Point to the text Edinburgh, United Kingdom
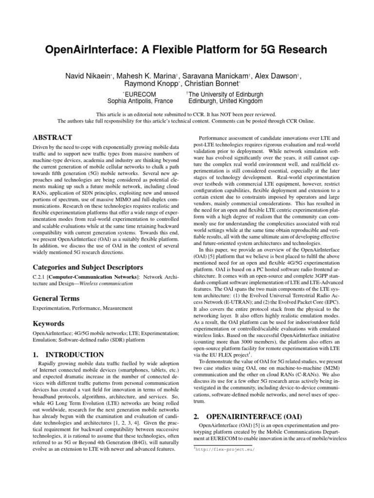point(225,102)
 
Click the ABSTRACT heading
point(52,138)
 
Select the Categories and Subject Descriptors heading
point(87,267)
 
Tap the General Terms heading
point(56,298)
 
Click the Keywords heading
point(48,323)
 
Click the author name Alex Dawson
point(275,75)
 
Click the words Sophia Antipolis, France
point(137,102)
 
